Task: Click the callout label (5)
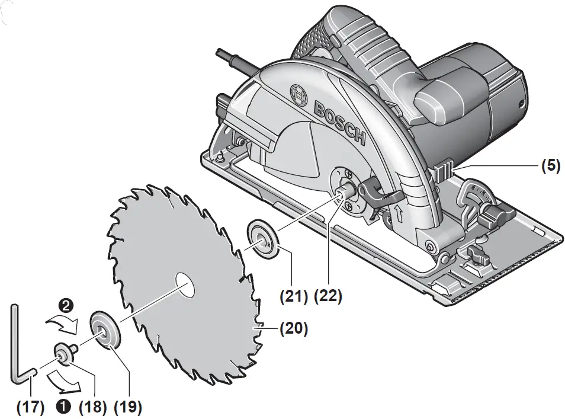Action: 550,166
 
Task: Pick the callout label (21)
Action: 294,295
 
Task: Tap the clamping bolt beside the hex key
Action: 64,351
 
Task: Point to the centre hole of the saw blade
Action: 185,286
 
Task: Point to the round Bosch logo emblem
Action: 297,94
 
